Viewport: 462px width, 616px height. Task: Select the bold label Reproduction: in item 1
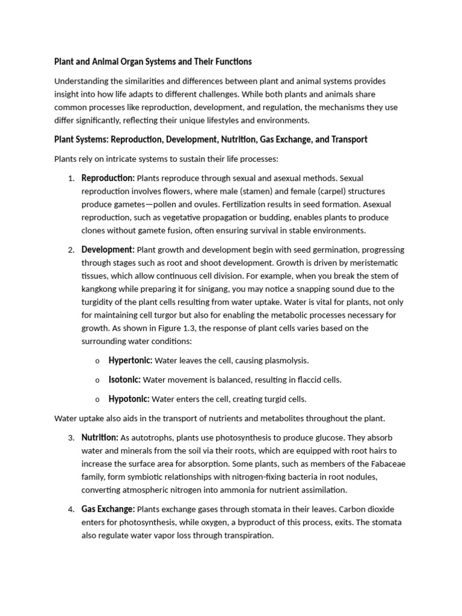point(108,178)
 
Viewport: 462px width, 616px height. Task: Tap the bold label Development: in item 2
point(108,250)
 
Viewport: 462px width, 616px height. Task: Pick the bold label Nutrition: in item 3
point(100,437)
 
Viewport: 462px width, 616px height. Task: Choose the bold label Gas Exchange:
point(108,509)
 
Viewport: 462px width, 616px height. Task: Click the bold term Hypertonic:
point(131,360)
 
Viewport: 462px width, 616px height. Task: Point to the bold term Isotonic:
point(125,380)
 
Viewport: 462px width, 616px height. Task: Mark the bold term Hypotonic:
point(129,399)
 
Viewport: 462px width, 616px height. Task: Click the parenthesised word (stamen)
point(223,191)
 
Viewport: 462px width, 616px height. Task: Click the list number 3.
point(70,437)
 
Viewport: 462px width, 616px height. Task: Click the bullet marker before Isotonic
point(97,380)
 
